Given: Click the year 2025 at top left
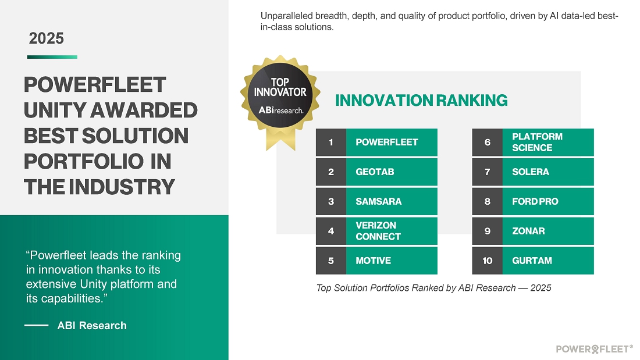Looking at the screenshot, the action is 46,38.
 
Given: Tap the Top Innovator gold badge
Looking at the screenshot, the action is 280,97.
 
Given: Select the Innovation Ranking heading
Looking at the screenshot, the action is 421,101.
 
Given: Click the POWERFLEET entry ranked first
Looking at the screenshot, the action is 376,142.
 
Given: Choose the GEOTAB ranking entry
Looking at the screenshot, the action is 376,172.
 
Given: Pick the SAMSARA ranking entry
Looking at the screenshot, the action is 376,201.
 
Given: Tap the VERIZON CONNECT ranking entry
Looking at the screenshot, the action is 376,231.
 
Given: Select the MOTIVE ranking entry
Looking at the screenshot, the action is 376,261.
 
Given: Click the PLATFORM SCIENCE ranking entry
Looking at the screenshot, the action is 533,142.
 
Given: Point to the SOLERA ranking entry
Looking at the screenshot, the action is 533,172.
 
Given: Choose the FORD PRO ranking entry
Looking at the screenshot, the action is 533,201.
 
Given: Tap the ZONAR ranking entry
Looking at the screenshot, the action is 533,231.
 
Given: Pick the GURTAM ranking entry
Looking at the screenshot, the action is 533,261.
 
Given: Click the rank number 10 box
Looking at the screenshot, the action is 488,261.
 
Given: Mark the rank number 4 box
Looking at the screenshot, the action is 331,231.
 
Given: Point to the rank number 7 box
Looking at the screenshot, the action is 488,172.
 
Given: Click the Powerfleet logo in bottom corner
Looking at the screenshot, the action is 594,349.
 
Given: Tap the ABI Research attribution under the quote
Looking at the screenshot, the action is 92,325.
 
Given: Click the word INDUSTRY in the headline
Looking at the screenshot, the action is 122,187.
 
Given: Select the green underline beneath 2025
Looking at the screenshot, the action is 52,57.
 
